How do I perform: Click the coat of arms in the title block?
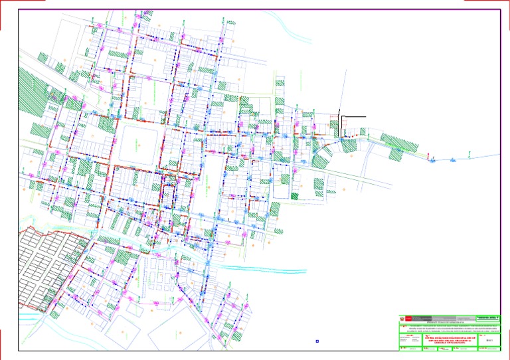(x=401, y=318)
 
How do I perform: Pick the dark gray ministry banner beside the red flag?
(x=425, y=318)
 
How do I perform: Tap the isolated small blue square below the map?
(x=317, y=342)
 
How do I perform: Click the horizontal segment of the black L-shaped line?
(x=353, y=117)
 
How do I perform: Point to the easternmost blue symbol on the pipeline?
(x=451, y=159)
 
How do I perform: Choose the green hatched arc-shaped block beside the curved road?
(x=322, y=152)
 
